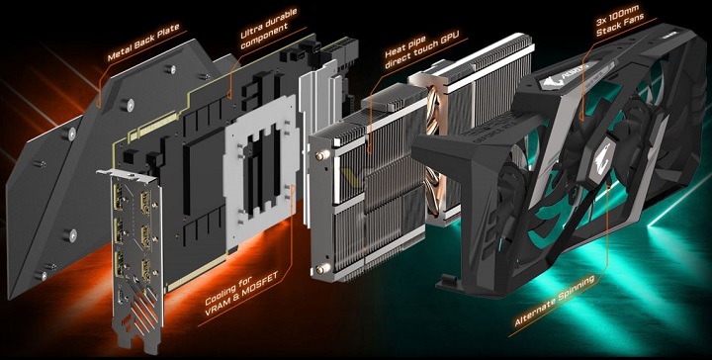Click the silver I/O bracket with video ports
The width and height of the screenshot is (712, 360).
(x=133, y=257)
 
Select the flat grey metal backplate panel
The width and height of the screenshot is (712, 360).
(x=69, y=168)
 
